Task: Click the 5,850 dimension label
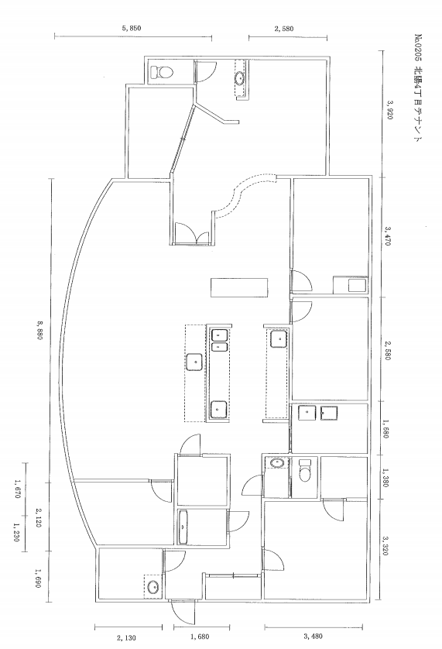pyautogui.click(x=132, y=29)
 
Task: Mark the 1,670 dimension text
pyautogui.click(x=16, y=489)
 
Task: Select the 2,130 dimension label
pyautogui.click(x=126, y=637)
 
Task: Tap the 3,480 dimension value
pyautogui.click(x=314, y=637)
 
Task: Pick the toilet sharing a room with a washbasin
pyautogui.click(x=304, y=472)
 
